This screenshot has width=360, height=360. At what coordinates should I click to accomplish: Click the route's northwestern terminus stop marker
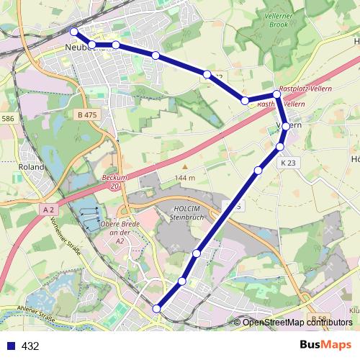pos(73,31)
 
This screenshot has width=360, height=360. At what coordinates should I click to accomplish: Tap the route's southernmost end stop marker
pos(157,309)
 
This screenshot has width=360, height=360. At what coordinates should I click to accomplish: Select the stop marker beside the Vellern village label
pos(286,126)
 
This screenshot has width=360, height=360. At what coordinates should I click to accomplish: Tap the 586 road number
pos(8,118)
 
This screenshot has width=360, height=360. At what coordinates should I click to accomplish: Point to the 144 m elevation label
pos(184,177)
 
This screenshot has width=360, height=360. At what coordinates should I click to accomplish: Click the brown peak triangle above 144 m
pos(184,166)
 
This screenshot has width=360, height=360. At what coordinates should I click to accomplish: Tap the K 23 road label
pos(289,163)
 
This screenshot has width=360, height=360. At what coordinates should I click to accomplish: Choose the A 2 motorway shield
pos(48,209)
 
